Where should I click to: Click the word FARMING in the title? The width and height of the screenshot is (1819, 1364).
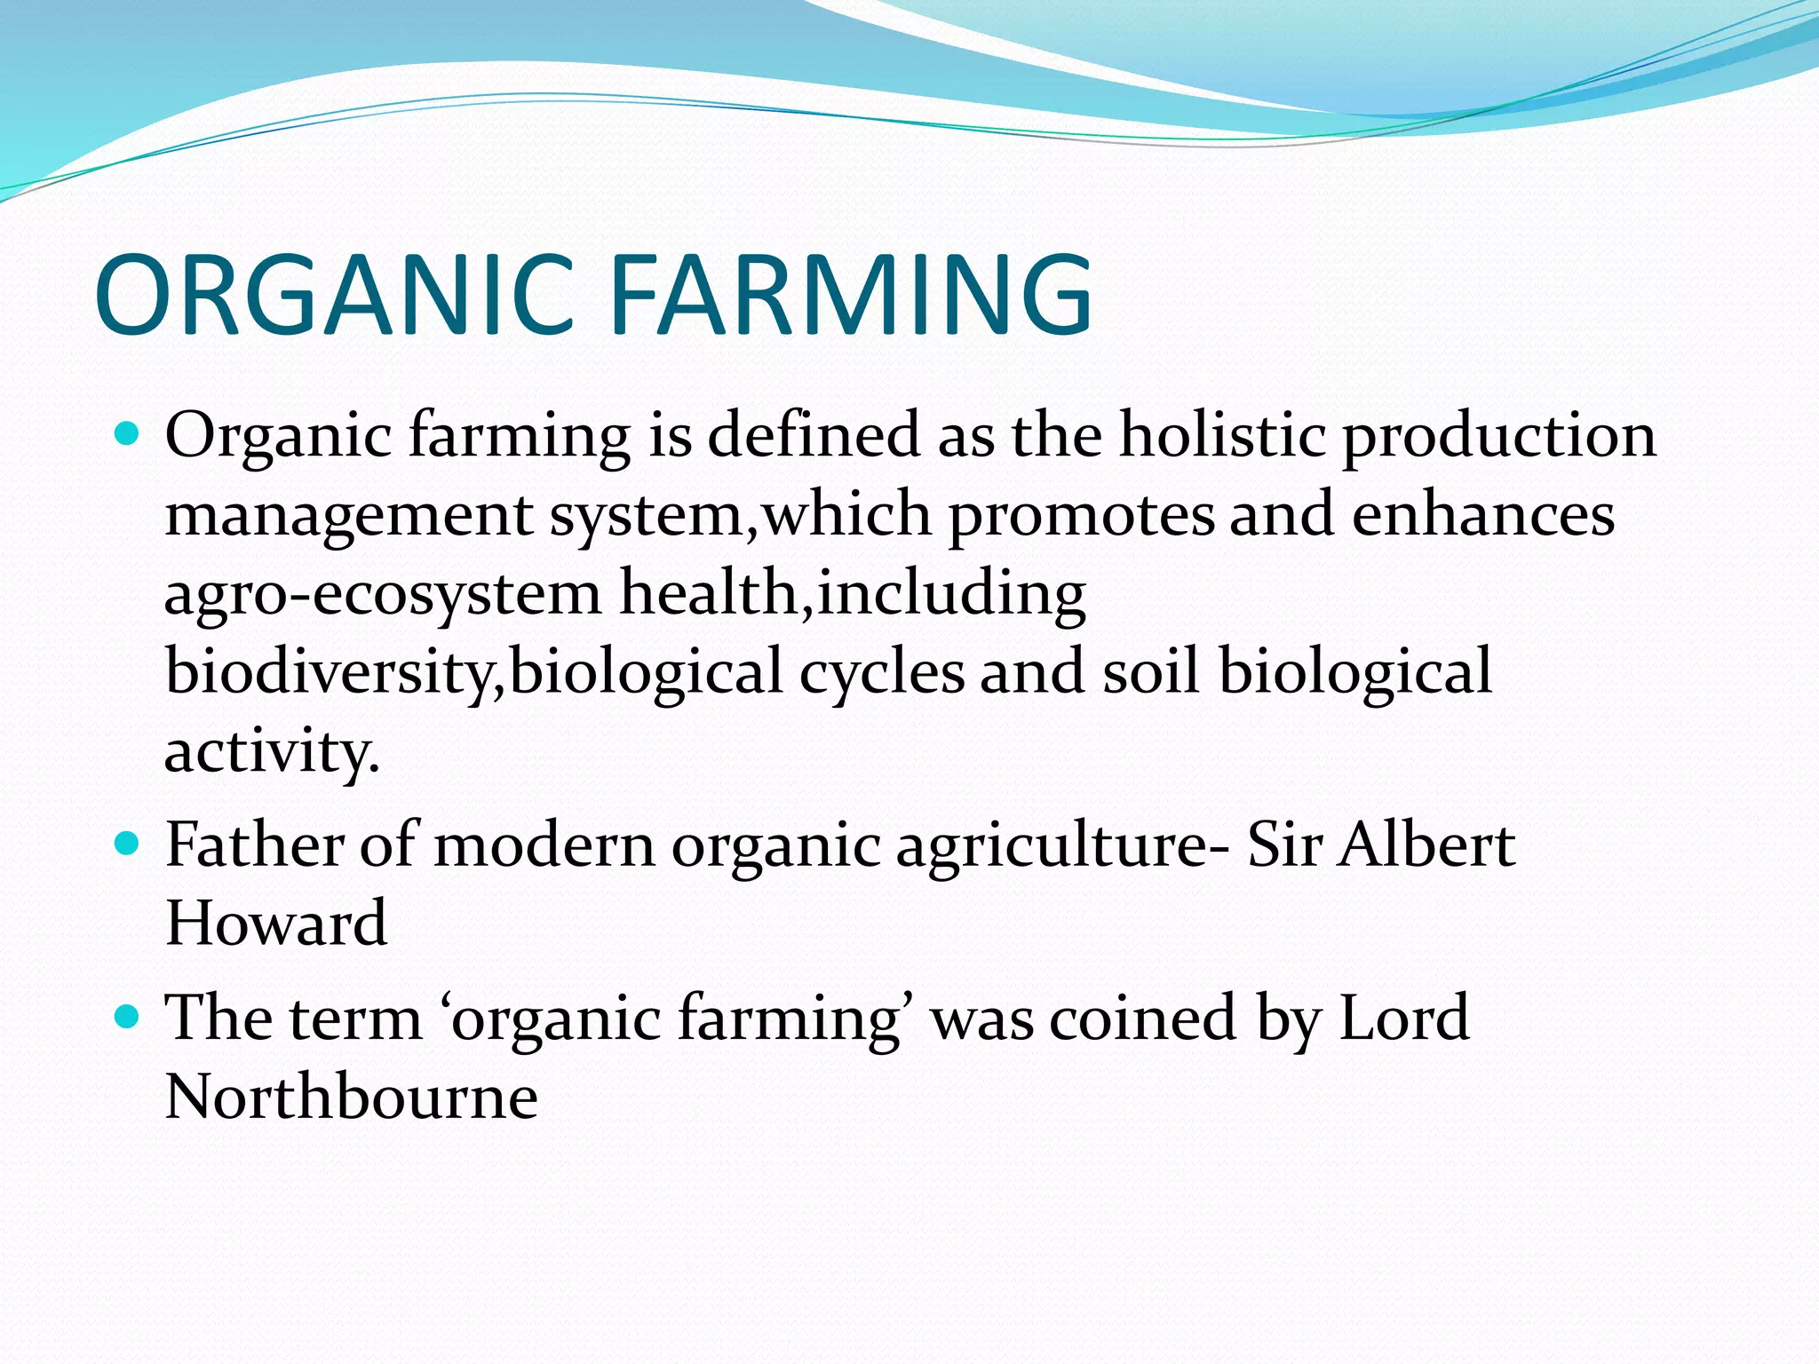click(x=851, y=295)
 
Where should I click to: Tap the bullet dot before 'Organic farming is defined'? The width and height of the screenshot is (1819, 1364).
click(x=128, y=434)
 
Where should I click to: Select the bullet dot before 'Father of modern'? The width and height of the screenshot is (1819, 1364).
click(x=128, y=843)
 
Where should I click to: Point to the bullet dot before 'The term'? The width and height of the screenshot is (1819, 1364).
click(x=128, y=1016)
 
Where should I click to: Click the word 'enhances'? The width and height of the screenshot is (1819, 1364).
click(x=1482, y=515)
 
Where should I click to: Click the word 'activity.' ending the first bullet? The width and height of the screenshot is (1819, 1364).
click(x=272, y=752)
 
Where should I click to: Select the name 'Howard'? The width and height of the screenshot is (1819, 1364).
click(x=276, y=923)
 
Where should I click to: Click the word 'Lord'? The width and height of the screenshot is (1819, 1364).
click(x=1402, y=1018)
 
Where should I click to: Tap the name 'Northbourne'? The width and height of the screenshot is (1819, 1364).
click(x=351, y=1097)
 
